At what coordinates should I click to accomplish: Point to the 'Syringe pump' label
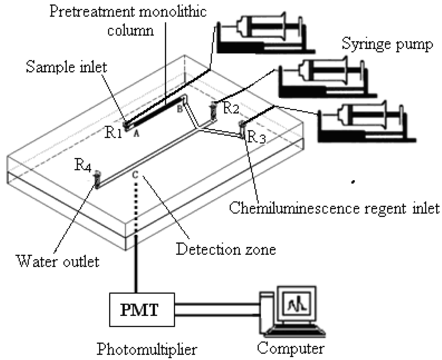(387, 45)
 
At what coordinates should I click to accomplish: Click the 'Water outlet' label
(58, 261)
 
